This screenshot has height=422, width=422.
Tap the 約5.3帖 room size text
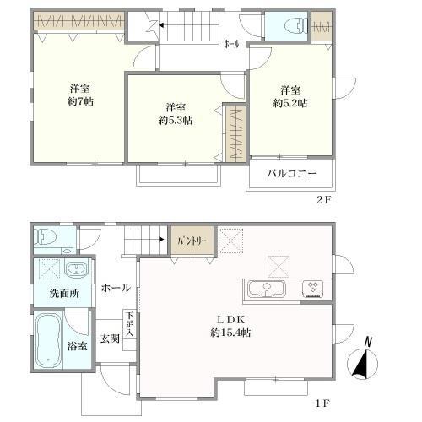point(175,121)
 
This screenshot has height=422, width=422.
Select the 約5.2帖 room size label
point(290,103)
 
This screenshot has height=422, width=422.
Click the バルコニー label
point(292,173)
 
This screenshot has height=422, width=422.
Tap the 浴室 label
point(78,347)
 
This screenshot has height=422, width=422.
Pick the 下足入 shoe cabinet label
point(130,325)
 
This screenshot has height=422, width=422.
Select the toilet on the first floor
point(46,238)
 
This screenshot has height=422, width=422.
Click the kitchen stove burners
point(313,289)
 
